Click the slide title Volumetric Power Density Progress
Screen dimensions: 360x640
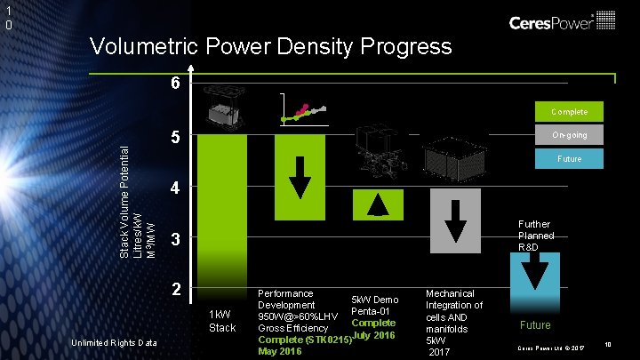[x=270, y=45]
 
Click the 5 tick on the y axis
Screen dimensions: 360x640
[x=176, y=139]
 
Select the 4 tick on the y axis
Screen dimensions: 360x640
[x=176, y=189]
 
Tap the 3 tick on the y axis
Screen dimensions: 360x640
[x=176, y=240]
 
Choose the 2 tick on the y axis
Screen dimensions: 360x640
[x=176, y=291]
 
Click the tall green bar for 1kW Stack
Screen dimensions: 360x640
[x=221, y=213]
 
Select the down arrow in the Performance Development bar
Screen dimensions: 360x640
[x=300, y=178]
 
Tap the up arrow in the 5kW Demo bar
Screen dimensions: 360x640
[x=379, y=204]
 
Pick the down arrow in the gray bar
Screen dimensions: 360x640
[x=455, y=218]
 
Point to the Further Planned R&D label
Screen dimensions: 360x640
[x=536, y=236]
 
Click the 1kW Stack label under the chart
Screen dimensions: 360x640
[x=221, y=321]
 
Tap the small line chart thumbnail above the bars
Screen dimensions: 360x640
[x=301, y=113]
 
